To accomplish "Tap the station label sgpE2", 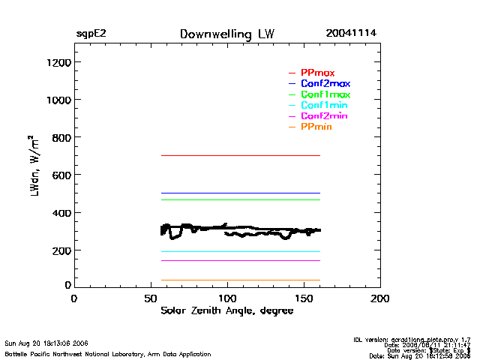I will (x=91, y=34).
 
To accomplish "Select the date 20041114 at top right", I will (x=350, y=34).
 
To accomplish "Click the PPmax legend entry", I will (x=317, y=73).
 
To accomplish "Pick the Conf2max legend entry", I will (x=325, y=83).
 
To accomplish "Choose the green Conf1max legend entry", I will (x=325, y=94).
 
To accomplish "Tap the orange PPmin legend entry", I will (x=316, y=127).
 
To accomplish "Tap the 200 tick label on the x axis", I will (x=380, y=298).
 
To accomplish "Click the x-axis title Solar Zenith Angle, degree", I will (x=226, y=310).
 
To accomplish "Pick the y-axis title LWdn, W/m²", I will (x=34, y=166).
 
